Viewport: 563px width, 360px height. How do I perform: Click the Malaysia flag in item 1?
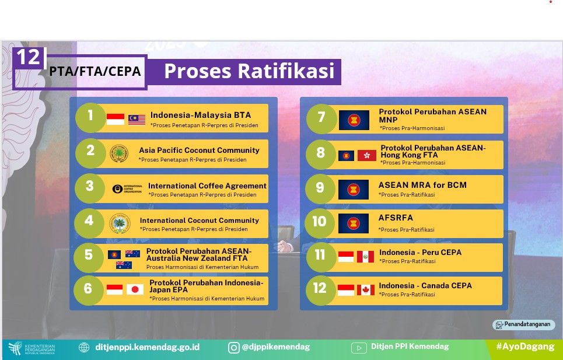pyautogui.click(x=137, y=120)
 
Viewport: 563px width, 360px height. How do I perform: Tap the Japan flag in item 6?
pyautogui.click(x=135, y=289)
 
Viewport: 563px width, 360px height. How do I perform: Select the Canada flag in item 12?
pyautogui.click(x=366, y=290)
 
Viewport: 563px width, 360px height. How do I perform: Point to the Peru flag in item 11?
pyautogui.click(x=366, y=257)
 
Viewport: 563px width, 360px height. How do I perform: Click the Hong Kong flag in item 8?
pyautogui.click(x=367, y=155)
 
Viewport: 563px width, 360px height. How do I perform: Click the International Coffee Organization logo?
pyautogui.click(x=127, y=189)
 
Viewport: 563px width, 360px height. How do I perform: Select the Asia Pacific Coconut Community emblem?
pyautogui.click(x=119, y=153)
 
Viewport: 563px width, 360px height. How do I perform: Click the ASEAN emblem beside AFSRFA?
pyautogui.click(x=354, y=223)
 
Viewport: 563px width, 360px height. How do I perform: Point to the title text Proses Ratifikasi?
pyautogui.click(x=249, y=71)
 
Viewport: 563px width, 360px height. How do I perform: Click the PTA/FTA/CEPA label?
pyautogui.click(x=95, y=71)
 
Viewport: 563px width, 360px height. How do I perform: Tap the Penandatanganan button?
pyautogui.click(x=523, y=324)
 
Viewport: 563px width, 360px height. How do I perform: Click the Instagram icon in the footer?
pyautogui.click(x=234, y=347)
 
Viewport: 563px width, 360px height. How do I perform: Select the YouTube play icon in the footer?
pyautogui.click(x=359, y=347)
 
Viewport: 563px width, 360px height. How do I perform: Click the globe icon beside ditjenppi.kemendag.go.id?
pyautogui.click(x=84, y=347)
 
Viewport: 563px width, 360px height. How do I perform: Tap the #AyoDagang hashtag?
pyautogui.click(x=525, y=347)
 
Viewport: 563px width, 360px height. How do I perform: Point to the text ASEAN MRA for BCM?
pyautogui.click(x=422, y=185)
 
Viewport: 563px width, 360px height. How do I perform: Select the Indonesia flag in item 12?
pyautogui.click(x=346, y=290)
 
